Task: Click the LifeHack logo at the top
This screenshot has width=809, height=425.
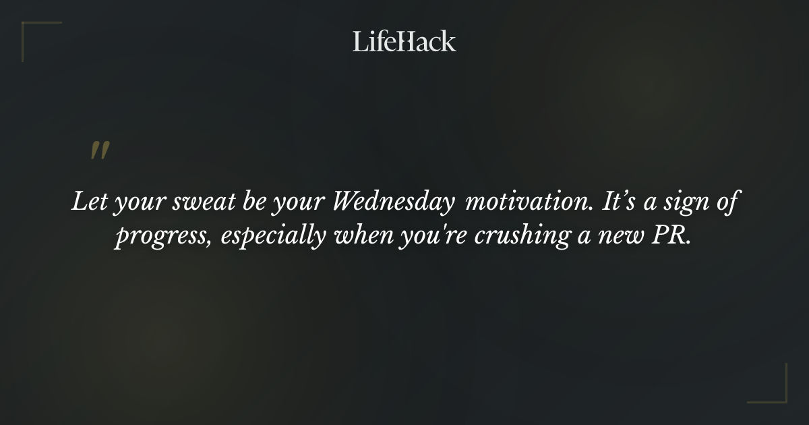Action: point(404,41)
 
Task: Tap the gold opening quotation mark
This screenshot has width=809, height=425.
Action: point(100,151)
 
